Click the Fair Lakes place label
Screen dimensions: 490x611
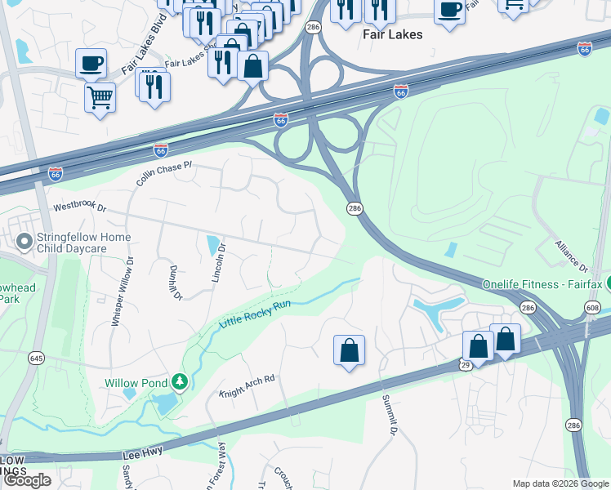click(392, 34)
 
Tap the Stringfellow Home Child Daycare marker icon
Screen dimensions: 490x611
click(25, 241)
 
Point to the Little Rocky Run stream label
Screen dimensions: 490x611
click(255, 314)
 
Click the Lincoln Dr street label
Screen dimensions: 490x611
click(218, 264)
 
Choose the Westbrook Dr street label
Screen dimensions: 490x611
click(80, 207)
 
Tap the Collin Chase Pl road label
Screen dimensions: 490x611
click(164, 173)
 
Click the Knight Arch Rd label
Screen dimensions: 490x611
click(248, 386)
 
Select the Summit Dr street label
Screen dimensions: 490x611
click(390, 415)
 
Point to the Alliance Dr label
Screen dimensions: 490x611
click(571, 255)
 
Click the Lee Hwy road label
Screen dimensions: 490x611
click(143, 452)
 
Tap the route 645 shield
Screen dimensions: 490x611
click(36, 357)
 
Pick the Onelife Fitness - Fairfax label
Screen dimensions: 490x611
click(542, 284)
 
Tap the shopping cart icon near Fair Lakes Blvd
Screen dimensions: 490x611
click(100, 97)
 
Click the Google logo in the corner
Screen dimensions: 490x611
click(26, 480)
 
